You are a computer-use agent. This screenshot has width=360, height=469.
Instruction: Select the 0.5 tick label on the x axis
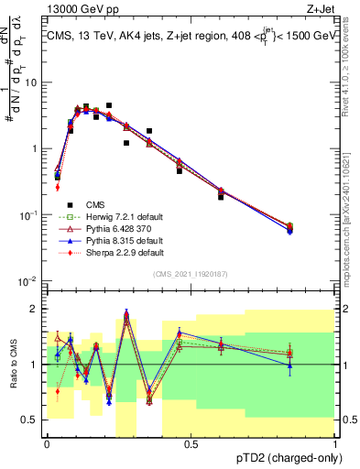(x=191, y=444)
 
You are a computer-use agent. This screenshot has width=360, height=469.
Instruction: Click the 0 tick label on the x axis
(x=47, y=444)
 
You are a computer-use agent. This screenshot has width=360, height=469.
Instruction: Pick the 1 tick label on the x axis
(x=334, y=444)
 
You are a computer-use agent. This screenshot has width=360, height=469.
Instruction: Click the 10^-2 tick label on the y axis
(x=29, y=280)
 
